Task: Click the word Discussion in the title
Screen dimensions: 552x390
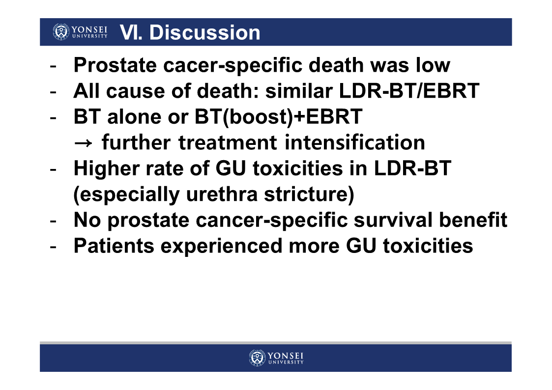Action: pos(205,32)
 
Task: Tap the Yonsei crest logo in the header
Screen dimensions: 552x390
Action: pos(61,31)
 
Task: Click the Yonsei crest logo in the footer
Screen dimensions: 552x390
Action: pos(257,358)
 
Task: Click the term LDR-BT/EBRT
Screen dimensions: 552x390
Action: pos(409,91)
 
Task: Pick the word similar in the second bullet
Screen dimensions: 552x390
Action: pos(299,91)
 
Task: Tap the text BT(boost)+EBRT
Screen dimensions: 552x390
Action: pos(279,117)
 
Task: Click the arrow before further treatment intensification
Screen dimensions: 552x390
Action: pos(84,143)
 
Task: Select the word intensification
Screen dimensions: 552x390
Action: pos(354,142)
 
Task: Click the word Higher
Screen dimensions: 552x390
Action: pos(106,168)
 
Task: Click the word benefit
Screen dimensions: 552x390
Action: pos(473,220)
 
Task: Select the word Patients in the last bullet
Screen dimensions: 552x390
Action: pos(114,246)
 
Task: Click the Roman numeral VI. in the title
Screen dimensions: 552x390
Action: pos(131,32)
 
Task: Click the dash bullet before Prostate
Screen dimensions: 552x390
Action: pos(53,66)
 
